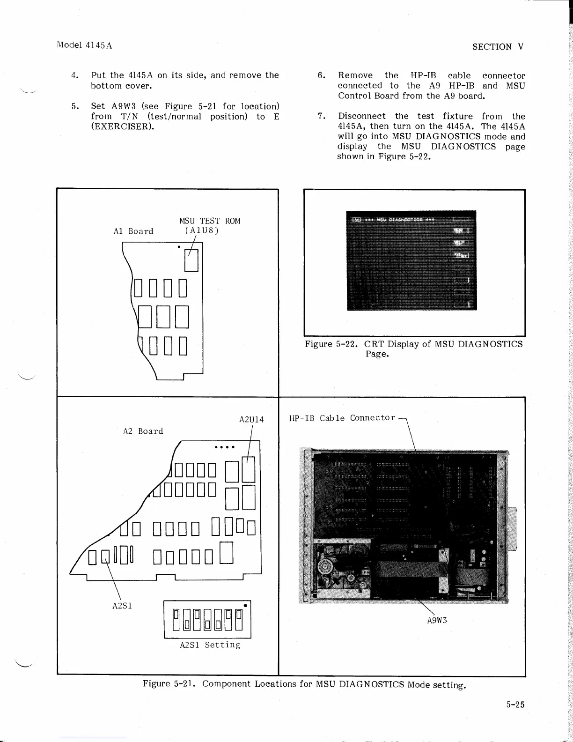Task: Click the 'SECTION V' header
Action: tap(498, 46)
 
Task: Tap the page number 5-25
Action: tap(515, 704)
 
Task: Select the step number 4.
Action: tap(74, 75)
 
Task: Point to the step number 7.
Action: tap(321, 116)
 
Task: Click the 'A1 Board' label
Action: tap(133, 231)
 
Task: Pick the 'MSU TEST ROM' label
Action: tap(210, 221)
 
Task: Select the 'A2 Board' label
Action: tap(143, 431)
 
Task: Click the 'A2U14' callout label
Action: tap(251, 420)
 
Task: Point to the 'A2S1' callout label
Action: tap(122, 605)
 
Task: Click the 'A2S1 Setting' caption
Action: tap(210, 645)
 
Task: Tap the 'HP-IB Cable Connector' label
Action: tap(342, 418)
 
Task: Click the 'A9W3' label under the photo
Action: tap(438, 620)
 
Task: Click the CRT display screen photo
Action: tap(411, 260)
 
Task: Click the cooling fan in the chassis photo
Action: tap(331, 569)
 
